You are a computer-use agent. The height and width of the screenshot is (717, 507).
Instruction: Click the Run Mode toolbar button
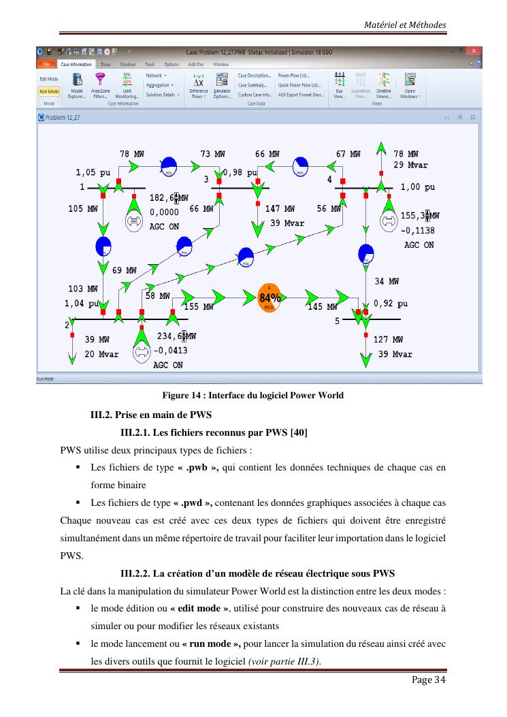tap(48, 91)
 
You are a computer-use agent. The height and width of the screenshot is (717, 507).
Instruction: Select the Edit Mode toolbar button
tap(48, 79)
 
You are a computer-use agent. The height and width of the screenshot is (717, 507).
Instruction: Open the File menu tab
tap(46, 64)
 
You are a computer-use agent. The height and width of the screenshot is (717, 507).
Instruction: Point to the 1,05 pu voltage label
tap(93, 173)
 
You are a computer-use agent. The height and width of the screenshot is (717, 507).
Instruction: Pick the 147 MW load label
tap(280, 209)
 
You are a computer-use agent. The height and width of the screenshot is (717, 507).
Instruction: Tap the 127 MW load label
tap(388, 339)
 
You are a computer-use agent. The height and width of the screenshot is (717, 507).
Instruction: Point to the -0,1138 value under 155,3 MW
tap(417, 230)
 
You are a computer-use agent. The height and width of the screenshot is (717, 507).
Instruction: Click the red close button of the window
tap(474, 51)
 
